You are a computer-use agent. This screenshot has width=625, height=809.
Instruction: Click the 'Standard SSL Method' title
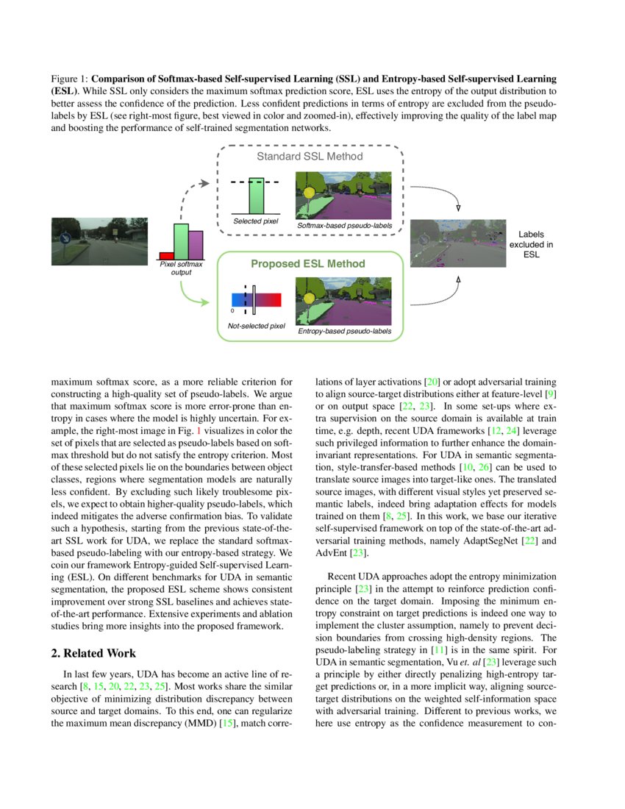(x=309, y=157)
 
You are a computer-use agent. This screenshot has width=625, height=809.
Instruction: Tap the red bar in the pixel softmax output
(x=166, y=255)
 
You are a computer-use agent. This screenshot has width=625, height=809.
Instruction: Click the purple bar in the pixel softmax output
(x=196, y=245)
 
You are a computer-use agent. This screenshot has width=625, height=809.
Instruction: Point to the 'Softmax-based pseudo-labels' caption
(x=344, y=225)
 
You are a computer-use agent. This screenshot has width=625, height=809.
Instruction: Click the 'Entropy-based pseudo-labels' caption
(x=344, y=332)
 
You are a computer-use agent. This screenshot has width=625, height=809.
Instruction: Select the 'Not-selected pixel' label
(x=256, y=325)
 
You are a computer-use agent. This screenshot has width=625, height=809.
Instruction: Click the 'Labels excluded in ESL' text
(x=535, y=244)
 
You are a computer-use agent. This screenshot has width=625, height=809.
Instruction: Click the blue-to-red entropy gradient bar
(x=256, y=299)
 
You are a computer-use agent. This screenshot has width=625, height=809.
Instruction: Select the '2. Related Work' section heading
(x=100, y=653)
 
